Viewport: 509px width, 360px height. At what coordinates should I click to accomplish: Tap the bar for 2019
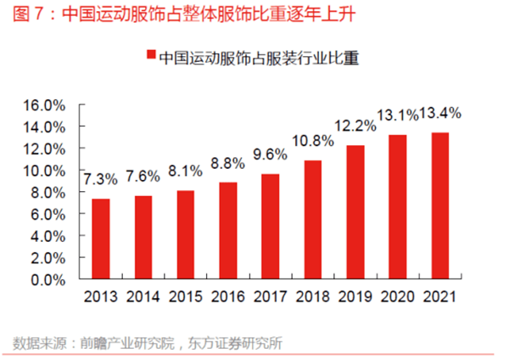355,211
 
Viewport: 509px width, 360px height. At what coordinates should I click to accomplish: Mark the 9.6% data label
271,155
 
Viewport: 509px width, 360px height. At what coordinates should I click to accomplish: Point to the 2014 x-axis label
143,297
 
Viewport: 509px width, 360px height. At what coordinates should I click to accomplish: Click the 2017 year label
271,297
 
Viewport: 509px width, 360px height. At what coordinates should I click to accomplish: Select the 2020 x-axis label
398,297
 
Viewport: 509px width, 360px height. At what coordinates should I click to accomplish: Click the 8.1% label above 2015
185,171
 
